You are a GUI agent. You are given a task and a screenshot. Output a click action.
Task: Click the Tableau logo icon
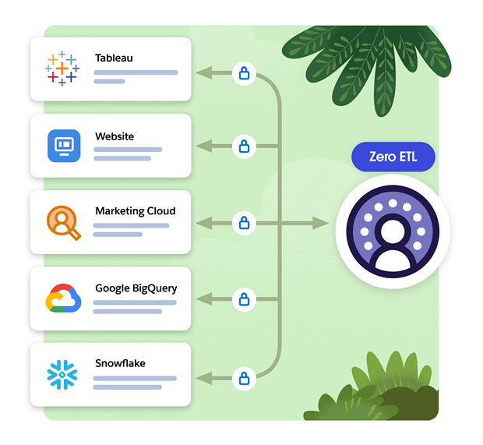[62, 68]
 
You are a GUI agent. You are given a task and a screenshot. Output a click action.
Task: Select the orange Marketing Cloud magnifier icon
[62, 222]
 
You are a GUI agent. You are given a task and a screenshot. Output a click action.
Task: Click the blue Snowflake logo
[62, 375]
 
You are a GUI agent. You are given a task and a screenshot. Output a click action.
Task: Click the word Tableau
[114, 58]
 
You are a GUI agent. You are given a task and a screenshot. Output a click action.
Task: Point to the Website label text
[115, 136]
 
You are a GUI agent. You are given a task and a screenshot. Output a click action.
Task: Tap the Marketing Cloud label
[136, 211]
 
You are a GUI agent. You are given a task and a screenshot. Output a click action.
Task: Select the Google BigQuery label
[136, 288]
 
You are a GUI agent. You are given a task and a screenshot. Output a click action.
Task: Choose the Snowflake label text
[120, 364]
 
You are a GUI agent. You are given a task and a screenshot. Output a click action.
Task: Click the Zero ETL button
[393, 157]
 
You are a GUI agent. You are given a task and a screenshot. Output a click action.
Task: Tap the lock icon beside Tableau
[244, 74]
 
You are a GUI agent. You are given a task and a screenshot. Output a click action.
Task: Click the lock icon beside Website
[244, 146]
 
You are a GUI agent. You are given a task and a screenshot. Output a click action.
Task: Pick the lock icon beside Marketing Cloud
[244, 224]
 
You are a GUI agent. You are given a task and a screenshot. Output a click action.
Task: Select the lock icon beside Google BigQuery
[244, 298]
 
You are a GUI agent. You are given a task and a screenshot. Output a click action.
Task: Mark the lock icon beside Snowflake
[244, 380]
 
